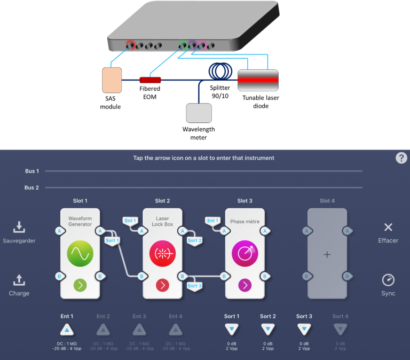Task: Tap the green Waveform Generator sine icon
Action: pyautogui.click(x=80, y=253)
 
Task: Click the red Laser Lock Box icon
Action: pyautogui.click(x=162, y=253)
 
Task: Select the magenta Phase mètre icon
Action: pyautogui.click(x=245, y=253)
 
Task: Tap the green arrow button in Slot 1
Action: pyautogui.click(x=80, y=285)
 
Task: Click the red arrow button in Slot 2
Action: pyautogui.click(x=162, y=285)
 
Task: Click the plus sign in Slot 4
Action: pyautogui.click(x=327, y=255)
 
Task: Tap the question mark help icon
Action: pyautogui.click(x=401, y=158)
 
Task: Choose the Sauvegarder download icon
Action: pyautogui.click(x=19, y=228)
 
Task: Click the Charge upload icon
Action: pyautogui.click(x=19, y=280)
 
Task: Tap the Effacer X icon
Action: pyautogui.click(x=388, y=228)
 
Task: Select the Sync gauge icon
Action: pyautogui.click(x=388, y=280)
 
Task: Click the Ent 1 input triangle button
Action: pyautogui.click(x=66, y=329)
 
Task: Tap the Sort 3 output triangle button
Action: pyautogui.click(x=304, y=329)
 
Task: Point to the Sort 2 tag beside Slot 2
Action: pyautogui.click(x=194, y=240)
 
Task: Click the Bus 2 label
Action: pyautogui.click(x=32, y=187)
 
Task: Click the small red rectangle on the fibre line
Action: pyautogui.click(x=150, y=80)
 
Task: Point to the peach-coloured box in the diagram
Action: pyautogui.click(x=112, y=80)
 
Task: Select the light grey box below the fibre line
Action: pyautogui.click(x=199, y=113)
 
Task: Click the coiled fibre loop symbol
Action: pyautogui.click(x=221, y=71)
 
